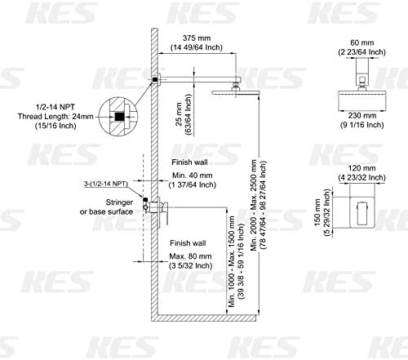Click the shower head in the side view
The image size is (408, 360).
[233, 93]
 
